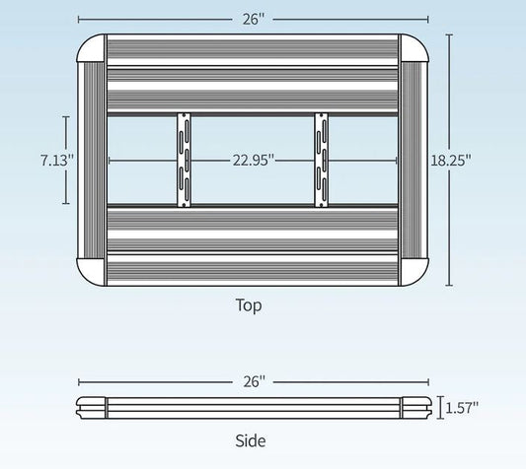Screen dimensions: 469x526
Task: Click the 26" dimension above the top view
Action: (x=254, y=17)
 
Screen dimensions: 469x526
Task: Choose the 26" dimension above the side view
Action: (x=254, y=380)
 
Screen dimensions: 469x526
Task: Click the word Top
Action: (x=249, y=305)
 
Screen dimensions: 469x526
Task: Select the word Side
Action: (x=251, y=441)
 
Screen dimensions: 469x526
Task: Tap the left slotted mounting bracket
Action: (x=183, y=160)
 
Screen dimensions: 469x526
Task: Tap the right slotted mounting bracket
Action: (x=320, y=160)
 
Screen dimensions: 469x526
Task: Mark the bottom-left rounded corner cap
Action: (x=92, y=271)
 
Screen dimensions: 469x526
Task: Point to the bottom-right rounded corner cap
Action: (x=412, y=271)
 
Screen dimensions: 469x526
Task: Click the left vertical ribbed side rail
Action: (x=91, y=160)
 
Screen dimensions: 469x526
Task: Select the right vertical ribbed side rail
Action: (x=413, y=160)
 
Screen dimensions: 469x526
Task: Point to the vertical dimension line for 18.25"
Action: (x=450, y=99)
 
